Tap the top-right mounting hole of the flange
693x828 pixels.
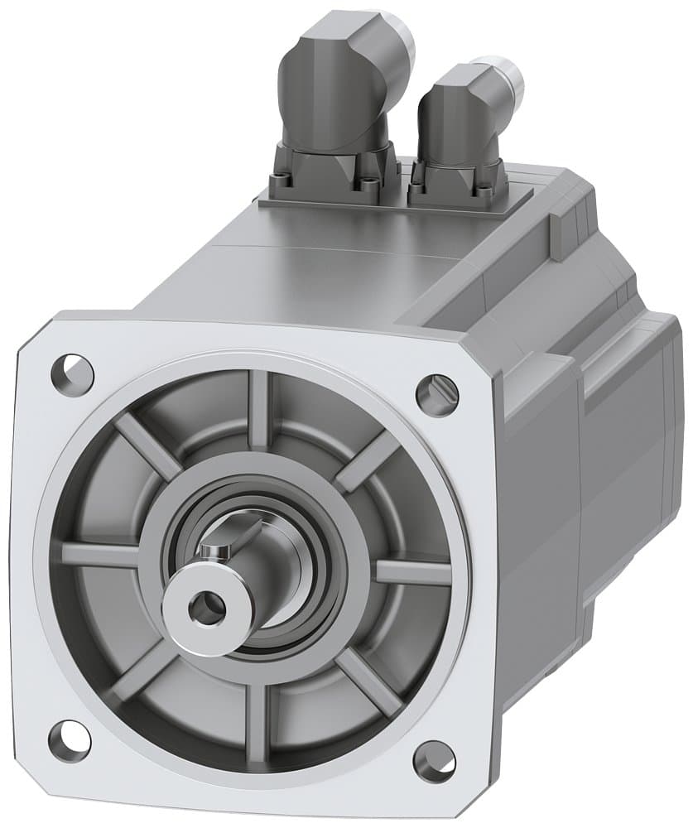(436, 395)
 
